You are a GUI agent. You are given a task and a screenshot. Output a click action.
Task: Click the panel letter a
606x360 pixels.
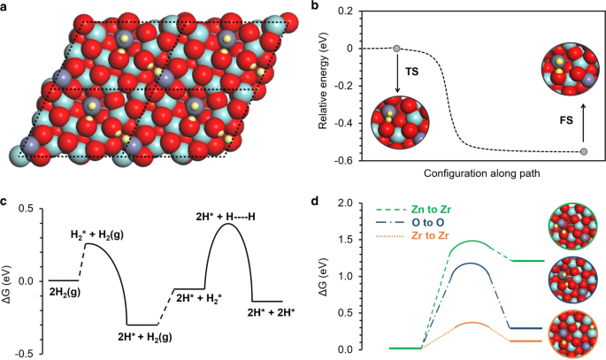(8, 7)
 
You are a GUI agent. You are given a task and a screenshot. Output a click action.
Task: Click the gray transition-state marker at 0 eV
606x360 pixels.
(396, 48)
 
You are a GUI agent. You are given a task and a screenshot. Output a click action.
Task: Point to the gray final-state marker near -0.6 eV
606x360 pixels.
(584, 152)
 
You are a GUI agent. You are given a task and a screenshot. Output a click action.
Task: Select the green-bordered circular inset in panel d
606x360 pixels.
(574, 225)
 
